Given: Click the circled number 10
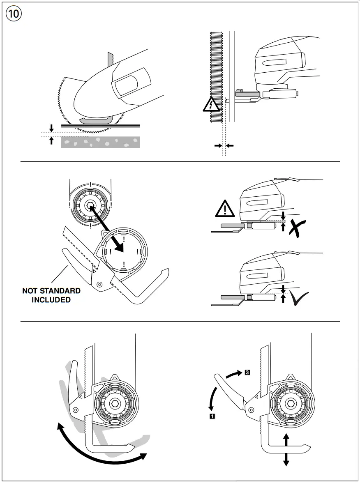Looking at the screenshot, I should [14, 14].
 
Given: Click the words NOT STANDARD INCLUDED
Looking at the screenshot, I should [51, 295].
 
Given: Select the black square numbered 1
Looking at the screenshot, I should [212, 416].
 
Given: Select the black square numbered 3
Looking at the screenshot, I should [247, 373].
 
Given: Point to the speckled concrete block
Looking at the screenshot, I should [100, 143].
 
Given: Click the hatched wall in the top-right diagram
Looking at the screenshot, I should [215, 76].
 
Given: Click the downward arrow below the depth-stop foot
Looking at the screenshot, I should [286, 459].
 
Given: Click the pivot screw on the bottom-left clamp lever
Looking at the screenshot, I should [75, 409].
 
